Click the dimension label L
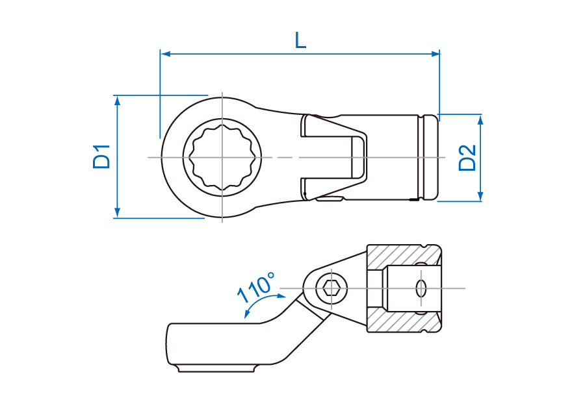point(300,40)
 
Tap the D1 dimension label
point(101,156)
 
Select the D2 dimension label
point(467,158)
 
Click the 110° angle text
point(257,287)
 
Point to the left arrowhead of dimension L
point(166,54)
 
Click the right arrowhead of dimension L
point(435,54)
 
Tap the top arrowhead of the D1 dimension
point(117,100)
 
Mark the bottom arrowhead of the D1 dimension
point(117,213)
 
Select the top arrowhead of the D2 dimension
point(480,119)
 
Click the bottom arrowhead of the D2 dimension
point(480,196)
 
